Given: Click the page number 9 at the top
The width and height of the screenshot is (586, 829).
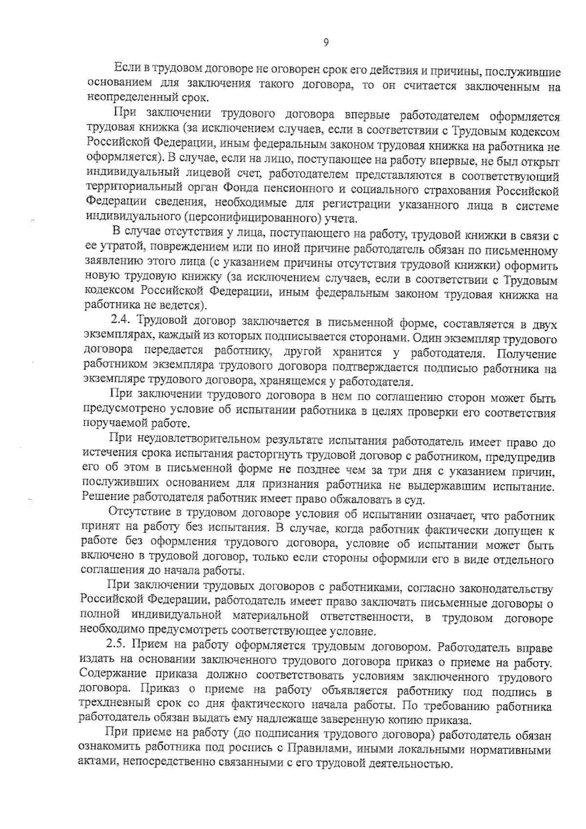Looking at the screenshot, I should (x=326, y=43).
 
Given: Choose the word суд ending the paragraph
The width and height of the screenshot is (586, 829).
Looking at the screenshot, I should (x=415, y=500).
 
